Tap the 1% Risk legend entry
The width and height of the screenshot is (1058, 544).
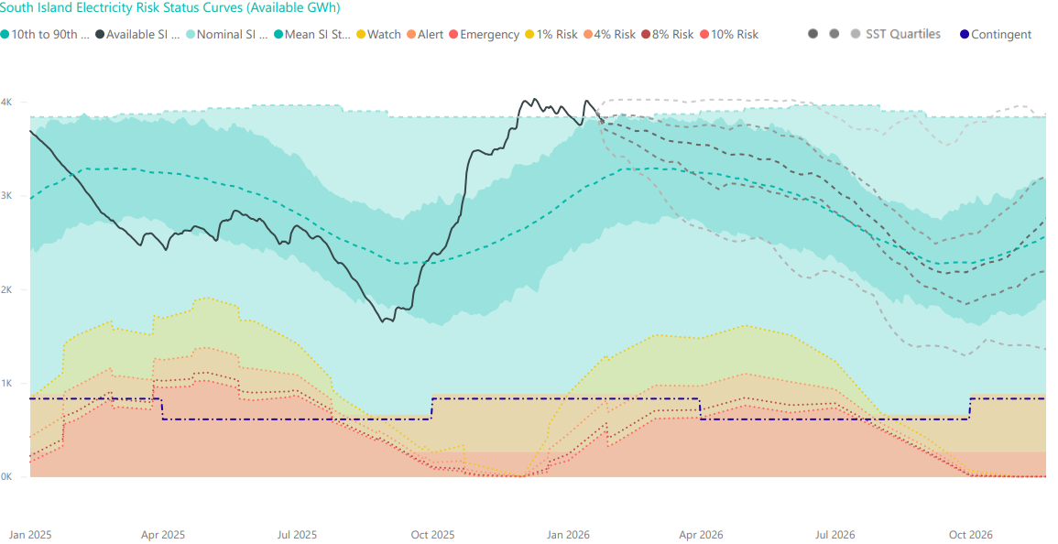click(x=553, y=35)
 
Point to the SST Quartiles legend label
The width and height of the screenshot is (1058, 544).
click(x=902, y=35)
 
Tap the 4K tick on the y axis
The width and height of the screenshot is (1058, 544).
click(x=6, y=103)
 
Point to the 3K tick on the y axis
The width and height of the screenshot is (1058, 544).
click(x=6, y=196)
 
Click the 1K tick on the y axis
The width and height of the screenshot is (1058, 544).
click(x=6, y=383)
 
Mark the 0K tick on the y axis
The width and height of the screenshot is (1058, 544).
click(x=6, y=477)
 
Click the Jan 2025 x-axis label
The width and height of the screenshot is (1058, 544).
click(x=30, y=534)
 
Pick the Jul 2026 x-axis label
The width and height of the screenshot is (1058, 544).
click(x=835, y=534)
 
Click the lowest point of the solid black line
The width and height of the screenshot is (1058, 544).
click(x=383, y=322)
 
